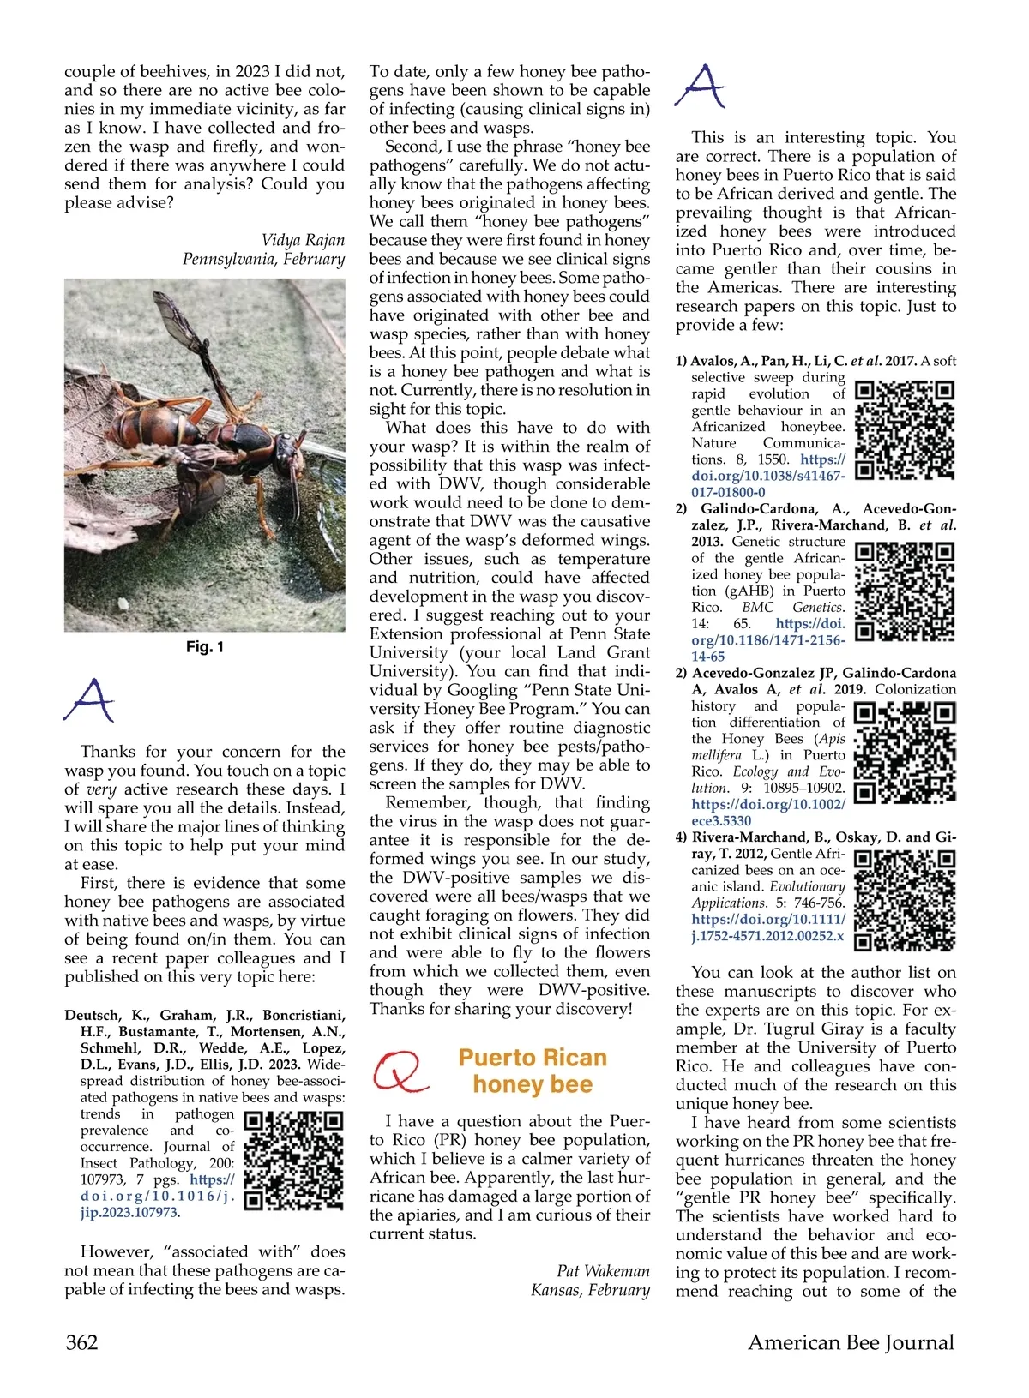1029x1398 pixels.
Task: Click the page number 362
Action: pos(82,1342)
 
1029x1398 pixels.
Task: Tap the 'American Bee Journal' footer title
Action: pos(851,1342)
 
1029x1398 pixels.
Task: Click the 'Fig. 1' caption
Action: pos(204,647)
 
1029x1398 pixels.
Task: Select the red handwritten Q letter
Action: pos(400,1071)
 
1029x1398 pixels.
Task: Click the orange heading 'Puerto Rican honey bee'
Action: pos(533,1071)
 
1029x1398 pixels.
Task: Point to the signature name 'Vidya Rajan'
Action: pos(303,240)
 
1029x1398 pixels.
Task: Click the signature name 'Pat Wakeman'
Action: pos(603,1271)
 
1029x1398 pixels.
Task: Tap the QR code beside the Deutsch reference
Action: pos(293,1161)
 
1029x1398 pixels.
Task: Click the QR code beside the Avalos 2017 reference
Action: pos(906,429)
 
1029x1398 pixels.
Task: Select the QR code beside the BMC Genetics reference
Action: pos(906,591)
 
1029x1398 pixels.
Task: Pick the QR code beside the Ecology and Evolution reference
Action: pos(906,752)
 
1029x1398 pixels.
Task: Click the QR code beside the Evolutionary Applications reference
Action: pos(906,900)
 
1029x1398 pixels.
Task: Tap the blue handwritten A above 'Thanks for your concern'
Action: pos(90,701)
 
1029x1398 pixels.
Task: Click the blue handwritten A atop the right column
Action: pos(700,86)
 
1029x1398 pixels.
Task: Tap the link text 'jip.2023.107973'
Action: pos(130,1213)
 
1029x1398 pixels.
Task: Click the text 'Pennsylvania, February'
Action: pos(263,259)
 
